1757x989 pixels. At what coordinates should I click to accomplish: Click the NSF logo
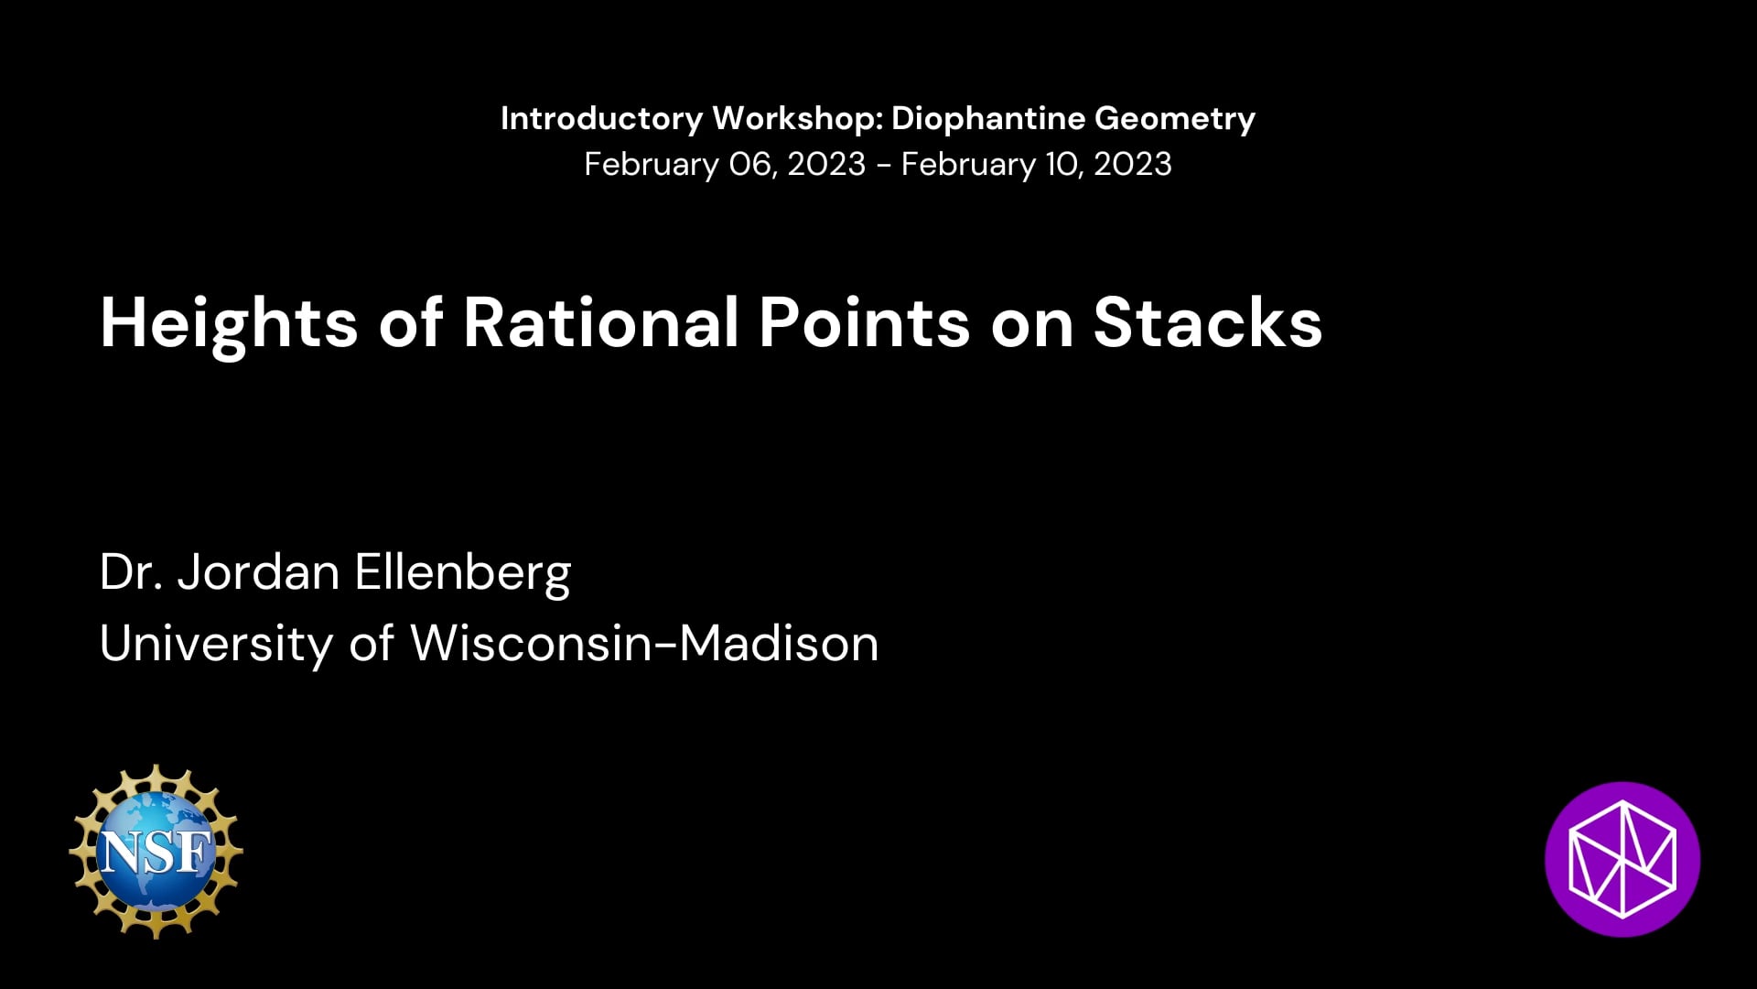(x=156, y=852)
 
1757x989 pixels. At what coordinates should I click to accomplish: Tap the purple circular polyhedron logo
(x=1622, y=859)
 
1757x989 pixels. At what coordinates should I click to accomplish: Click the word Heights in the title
(x=229, y=323)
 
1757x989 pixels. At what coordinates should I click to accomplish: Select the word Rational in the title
(x=601, y=322)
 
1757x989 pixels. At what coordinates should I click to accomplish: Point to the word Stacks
(x=1208, y=322)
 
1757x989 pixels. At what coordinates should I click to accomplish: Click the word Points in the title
(x=865, y=322)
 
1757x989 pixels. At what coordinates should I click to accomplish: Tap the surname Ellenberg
(x=463, y=574)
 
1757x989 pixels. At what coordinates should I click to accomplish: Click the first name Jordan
(x=258, y=572)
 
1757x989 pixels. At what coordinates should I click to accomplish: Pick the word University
(x=216, y=644)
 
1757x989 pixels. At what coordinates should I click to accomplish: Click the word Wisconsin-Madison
(x=644, y=643)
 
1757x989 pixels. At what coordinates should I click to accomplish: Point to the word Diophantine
(x=988, y=119)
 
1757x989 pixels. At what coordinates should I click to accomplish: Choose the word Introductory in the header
(x=602, y=119)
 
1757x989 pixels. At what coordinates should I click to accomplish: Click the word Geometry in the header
(x=1175, y=119)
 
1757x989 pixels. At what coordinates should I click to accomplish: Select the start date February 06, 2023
(x=725, y=165)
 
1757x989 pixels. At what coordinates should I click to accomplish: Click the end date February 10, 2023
(x=1036, y=165)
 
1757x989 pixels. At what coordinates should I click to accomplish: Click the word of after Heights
(x=411, y=322)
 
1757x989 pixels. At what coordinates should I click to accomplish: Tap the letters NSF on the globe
(x=156, y=853)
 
